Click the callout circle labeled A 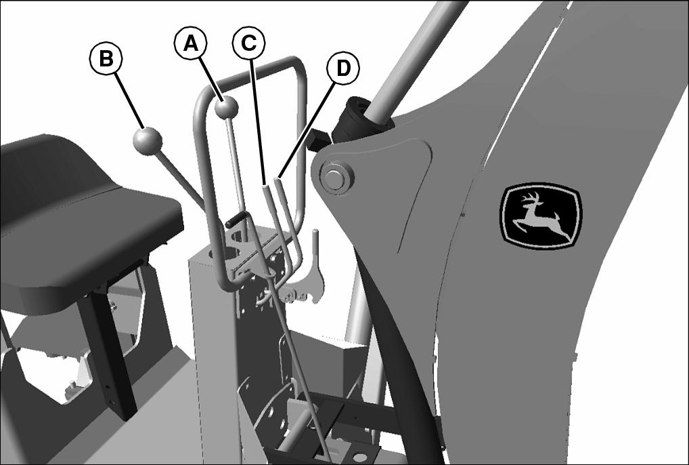[190, 43]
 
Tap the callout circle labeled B [106, 58]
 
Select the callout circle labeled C [248, 42]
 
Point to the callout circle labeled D [343, 68]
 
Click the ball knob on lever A [226, 107]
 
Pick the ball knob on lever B [147, 141]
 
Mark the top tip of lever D [277, 178]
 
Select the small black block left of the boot [319, 138]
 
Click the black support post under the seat [110, 352]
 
